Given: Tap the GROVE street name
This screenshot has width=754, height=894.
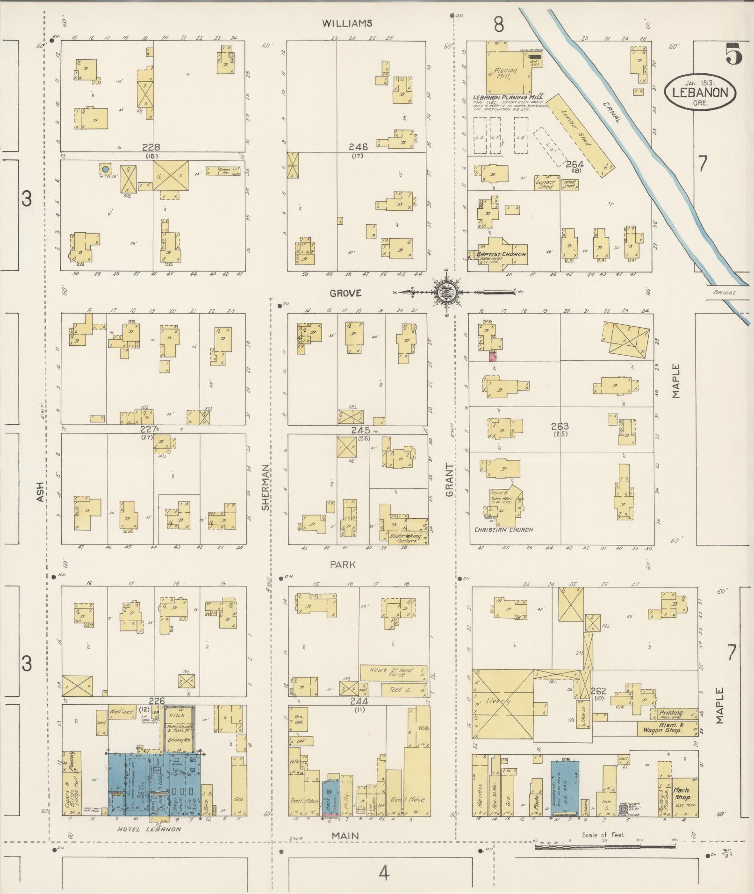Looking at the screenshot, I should click(x=345, y=293).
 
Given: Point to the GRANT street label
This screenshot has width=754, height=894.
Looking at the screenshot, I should click(x=449, y=479).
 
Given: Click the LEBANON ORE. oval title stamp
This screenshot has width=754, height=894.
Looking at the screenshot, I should click(x=700, y=93).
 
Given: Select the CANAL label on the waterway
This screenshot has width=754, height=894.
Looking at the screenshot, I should click(x=611, y=113).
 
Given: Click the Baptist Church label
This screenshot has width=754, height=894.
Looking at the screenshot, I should click(x=501, y=254).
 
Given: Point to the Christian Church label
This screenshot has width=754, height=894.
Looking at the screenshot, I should click(x=503, y=530).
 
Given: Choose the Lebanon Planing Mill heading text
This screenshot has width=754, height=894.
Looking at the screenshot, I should click(x=508, y=98).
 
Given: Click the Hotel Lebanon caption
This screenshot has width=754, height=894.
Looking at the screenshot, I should click(x=149, y=829).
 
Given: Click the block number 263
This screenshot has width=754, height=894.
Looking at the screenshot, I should click(x=559, y=426).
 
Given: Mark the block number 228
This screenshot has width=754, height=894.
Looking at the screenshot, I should click(x=151, y=147).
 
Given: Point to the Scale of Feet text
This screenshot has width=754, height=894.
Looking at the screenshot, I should click(x=603, y=835).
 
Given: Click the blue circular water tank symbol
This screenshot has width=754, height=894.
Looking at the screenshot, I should click(x=106, y=169).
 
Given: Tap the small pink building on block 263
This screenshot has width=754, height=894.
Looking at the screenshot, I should click(x=492, y=357).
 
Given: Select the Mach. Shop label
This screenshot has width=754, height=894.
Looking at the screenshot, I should click(x=682, y=794).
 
